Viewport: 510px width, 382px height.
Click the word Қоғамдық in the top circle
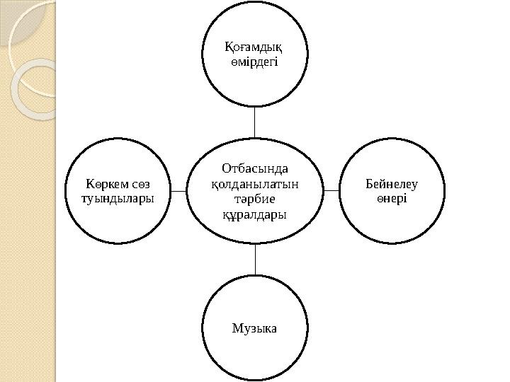pyautogui.click(x=254, y=48)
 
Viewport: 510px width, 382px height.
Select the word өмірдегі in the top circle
pyautogui.click(x=254, y=62)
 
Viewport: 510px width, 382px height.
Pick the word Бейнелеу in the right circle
pyautogui.click(x=392, y=184)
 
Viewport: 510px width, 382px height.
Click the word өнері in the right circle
pyautogui.click(x=392, y=198)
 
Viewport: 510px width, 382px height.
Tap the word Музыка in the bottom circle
pyautogui.click(x=254, y=328)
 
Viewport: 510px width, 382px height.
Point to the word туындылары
pyautogui.click(x=118, y=198)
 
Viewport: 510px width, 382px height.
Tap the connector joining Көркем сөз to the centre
pyautogui.click(x=179, y=190)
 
